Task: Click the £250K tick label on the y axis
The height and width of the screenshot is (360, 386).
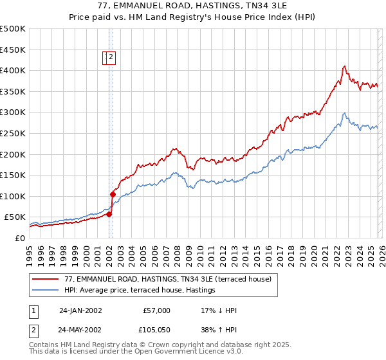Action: pyautogui.click(x=13, y=133)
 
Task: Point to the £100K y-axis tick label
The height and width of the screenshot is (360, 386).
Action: pyautogui.click(x=13, y=196)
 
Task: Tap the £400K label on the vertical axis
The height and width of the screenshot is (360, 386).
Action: pyautogui.click(x=13, y=70)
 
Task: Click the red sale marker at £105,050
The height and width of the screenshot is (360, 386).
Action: pyautogui.click(x=113, y=194)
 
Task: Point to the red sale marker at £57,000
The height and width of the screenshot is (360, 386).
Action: pyautogui.click(x=109, y=214)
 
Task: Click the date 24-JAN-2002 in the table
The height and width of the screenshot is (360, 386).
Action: pyautogui.click(x=80, y=310)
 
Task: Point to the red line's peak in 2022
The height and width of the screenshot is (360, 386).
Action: pyautogui.click(x=345, y=66)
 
